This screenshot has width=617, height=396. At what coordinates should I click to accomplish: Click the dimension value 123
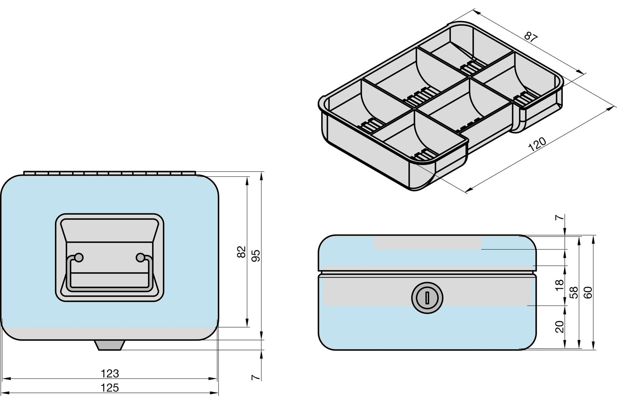(x=110, y=374)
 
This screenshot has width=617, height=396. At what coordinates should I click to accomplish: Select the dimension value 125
(x=110, y=388)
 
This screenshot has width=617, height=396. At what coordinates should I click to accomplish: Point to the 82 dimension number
(x=241, y=252)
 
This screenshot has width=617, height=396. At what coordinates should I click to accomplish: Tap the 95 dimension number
(x=256, y=255)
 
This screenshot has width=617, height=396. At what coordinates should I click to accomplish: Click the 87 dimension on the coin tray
(x=531, y=37)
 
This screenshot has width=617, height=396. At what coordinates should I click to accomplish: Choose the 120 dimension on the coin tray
(x=537, y=144)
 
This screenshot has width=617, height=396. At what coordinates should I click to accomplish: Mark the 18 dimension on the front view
(x=560, y=285)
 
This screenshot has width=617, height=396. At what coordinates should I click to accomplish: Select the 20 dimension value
(x=560, y=327)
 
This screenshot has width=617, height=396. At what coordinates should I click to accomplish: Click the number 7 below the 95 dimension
(x=256, y=377)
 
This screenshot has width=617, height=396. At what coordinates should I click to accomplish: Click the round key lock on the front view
(x=427, y=298)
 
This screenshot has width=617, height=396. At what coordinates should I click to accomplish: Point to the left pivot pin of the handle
(x=79, y=257)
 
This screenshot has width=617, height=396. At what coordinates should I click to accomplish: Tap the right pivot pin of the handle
(x=140, y=257)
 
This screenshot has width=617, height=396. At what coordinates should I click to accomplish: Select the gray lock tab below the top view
(x=109, y=345)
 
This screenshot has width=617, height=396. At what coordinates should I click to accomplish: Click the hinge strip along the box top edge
(x=110, y=173)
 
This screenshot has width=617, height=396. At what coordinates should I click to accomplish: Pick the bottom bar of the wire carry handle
(x=109, y=288)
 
